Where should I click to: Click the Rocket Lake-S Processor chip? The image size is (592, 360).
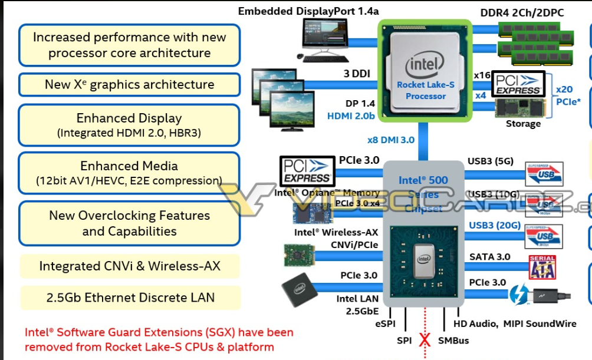[x=425, y=70]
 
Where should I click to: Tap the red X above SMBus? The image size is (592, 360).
[x=424, y=341]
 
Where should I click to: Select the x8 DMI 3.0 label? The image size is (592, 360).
[x=390, y=140]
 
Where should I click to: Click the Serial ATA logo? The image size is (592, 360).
[x=542, y=266]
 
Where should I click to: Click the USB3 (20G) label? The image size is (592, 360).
[x=495, y=226]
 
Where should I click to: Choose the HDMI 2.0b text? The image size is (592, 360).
[x=351, y=116]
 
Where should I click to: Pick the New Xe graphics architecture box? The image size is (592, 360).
[x=129, y=84]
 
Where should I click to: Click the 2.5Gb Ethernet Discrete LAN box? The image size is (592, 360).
[x=130, y=298]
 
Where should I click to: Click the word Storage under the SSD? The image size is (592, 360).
[x=522, y=124]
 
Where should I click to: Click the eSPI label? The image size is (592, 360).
[x=384, y=323]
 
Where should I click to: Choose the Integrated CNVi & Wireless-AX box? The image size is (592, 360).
[x=130, y=266]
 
